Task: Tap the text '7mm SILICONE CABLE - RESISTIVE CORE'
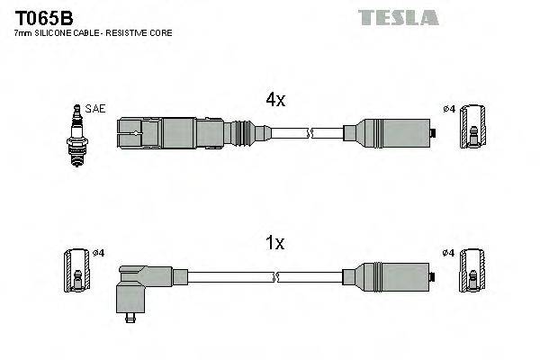point(94,32)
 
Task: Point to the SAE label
point(96,109)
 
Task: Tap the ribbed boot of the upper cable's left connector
point(238,135)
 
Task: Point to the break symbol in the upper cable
point(309,135)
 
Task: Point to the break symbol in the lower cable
point(309,277)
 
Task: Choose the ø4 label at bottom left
point(99,253)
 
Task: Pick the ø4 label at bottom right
point(449,253)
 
